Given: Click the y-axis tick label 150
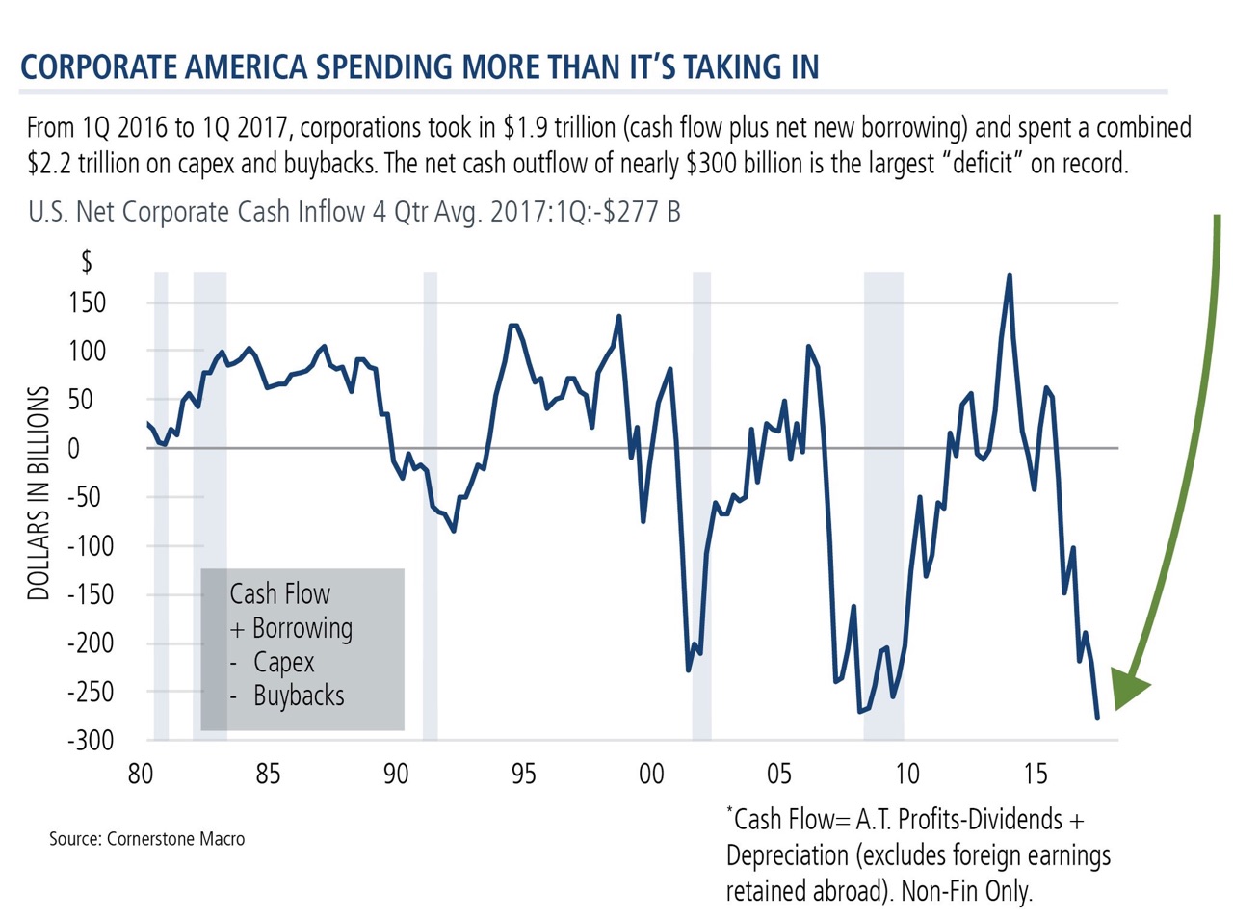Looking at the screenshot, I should click(88, 302).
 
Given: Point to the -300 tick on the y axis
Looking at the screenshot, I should click(91, 740).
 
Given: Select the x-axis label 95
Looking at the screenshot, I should click(524, 774).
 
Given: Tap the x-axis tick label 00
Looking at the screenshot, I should click(651, 774).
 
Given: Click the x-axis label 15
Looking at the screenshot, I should click(1036, 774).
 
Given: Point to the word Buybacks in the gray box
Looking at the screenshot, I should click(299, 696).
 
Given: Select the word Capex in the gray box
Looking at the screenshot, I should click(284, 662).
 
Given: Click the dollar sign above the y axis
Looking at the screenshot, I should click(87, 260).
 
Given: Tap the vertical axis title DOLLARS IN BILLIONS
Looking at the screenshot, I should click(39, 493).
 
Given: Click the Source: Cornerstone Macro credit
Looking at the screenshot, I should click(147, 839).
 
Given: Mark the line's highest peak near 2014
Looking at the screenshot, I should click(1009, 276).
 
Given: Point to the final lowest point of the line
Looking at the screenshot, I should click(1097, 717).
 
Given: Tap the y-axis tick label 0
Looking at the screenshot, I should click(100, 448).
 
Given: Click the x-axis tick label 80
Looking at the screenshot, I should click(141, 774).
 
